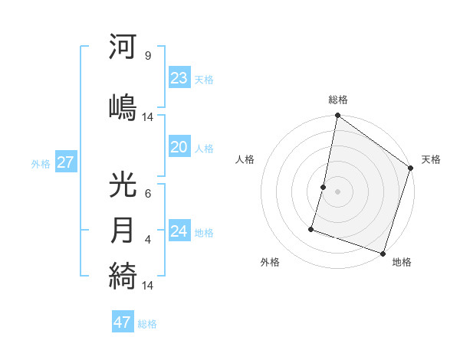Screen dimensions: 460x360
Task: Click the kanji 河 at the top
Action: pos(123,47)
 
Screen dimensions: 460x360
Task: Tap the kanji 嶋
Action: pos(123,105)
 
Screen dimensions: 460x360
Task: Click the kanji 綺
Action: pos(123,275)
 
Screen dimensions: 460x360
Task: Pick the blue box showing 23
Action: pos(179,78)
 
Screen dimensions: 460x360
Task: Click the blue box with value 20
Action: pos(179,148)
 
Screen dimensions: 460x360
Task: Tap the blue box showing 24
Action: pos(179,231)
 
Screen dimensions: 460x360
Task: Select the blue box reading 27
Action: pos(65,162)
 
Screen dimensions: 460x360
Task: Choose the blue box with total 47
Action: pos(123,322)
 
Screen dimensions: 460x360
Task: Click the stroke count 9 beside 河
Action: pos(147,55)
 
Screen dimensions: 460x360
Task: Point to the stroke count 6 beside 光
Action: pos(147,193)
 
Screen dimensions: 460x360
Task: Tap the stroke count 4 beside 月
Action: pos(147,239)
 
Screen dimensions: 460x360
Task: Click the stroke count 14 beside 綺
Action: pos(148,285)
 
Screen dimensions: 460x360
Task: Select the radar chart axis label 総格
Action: pos(338,100)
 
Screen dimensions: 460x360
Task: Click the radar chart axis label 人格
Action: pos(245,159)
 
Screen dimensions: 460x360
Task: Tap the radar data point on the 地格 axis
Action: pos(383,253)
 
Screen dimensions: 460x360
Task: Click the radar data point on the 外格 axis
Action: pos(311,228)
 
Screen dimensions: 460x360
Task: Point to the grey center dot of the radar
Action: pos(338,191)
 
